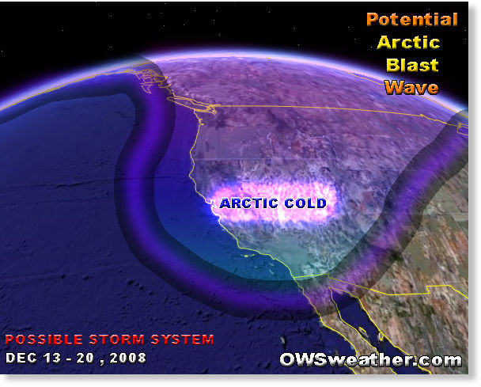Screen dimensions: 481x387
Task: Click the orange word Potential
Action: click(x=412, y=20)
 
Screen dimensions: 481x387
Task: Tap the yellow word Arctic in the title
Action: click(x=408, y=43)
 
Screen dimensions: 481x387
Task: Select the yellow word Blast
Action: click(x=412, y=65)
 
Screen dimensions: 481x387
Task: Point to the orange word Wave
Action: click(x=411, y=88)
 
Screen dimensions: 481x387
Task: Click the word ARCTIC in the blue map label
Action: click(x=248, y=203)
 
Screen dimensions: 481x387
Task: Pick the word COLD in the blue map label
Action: click(x=305, y=203)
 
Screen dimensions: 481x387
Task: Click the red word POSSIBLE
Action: click(x=44, y=340)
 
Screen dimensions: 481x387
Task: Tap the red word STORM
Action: click(x=116, y=340)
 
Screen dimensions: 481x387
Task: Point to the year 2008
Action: click(x=128, y=359)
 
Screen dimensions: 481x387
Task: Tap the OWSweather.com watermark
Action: click(x=370, y=359)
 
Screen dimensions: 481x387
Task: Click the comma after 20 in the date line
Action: click(x=101, y=362)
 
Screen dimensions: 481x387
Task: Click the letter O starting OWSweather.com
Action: click(x=288, y=359)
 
